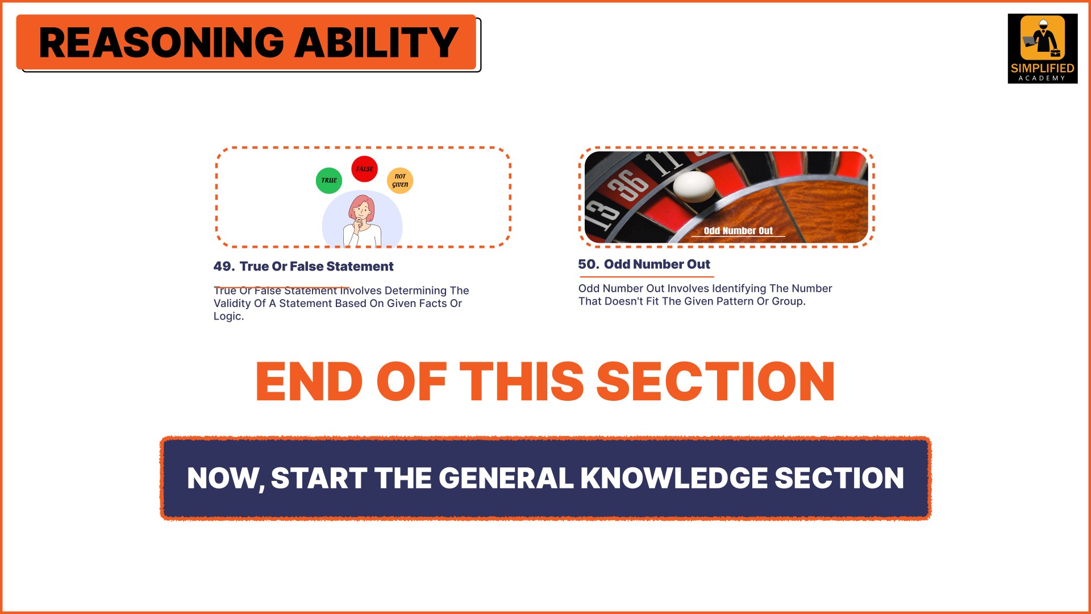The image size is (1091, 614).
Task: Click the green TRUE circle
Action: pos(329,180)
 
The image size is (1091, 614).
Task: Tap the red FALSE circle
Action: pos(364,169)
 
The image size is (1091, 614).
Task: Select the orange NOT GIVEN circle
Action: pos(400,180)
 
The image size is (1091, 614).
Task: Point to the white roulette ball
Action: pos(694,186)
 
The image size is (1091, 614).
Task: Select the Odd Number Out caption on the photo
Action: pos(738,231)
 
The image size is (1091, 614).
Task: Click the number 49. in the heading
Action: pos(224,266)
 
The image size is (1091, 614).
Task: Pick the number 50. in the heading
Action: pos(589,264)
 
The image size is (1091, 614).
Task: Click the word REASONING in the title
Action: pos(161,43)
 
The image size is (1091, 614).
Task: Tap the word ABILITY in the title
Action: pos(376,43)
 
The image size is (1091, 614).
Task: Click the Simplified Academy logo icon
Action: pos(1043,38)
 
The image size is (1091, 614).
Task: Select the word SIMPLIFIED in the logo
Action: pos(1043,68)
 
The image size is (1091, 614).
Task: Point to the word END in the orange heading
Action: pos(309,381)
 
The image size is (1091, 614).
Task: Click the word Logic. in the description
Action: pos(228,317)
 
